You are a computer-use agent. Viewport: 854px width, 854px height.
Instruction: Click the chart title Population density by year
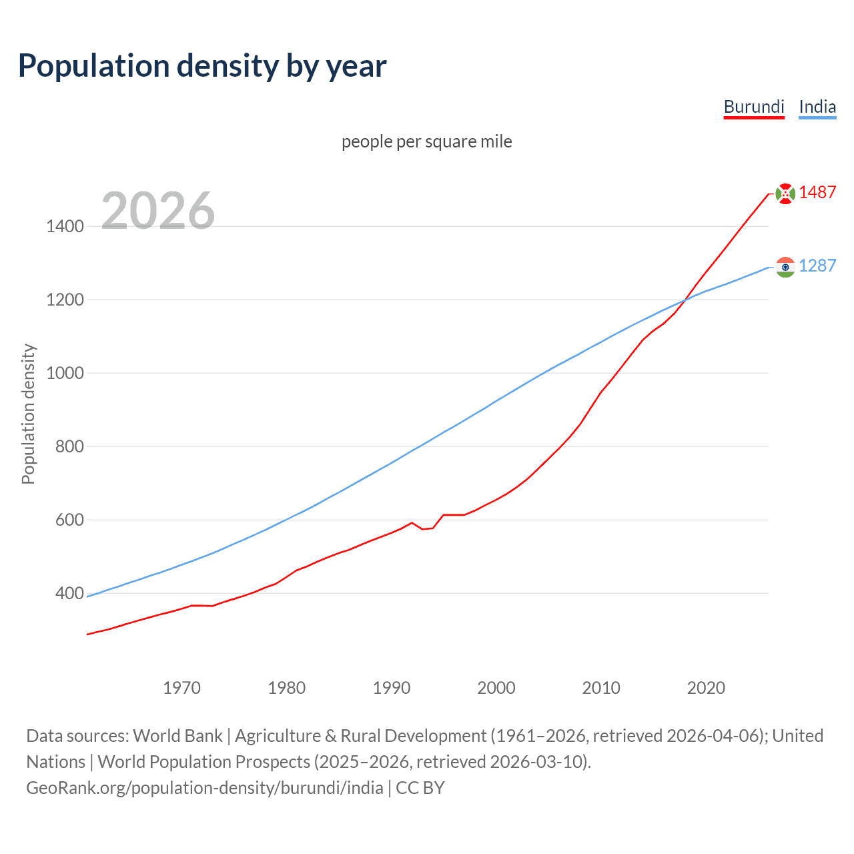click(x=202, y=66)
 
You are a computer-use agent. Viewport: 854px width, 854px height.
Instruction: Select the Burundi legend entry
click(x=754, y=107)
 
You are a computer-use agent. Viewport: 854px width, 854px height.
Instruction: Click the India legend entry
click(x=817, y=107)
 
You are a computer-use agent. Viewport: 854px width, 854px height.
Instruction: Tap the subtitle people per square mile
click(x=427, y=141)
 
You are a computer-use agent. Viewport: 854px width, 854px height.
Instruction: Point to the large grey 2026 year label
click(x=158, y=211)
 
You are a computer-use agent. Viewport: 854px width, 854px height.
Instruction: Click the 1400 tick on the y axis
click(x=65, y=226)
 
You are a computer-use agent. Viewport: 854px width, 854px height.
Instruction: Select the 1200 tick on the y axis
click(x=65, y=300)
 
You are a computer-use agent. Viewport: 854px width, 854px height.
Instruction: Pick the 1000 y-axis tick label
click(x=65, y=373)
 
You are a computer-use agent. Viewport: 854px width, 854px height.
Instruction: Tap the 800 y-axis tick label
click(x=69, y=446)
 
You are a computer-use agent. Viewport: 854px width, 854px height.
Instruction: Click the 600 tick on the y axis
click(x=69, y=520)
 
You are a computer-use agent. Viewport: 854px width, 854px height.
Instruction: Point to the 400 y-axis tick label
click(x=69, y=593)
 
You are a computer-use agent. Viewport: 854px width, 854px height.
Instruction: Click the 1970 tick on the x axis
click(x=181, y=688)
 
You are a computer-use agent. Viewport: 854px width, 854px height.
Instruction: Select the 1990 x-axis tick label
click(x=392, y=688)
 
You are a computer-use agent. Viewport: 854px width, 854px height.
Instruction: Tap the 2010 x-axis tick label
click(x=601, y=688)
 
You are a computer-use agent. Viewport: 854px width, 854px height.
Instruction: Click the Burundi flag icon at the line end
click(x=785, y=193)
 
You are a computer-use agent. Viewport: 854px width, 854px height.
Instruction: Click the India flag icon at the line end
click(x=785, y=267)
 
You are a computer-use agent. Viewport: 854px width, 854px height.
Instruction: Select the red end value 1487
click(x=817, y=192)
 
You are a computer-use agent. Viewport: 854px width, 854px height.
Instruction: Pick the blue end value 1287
click(x=817, y=266)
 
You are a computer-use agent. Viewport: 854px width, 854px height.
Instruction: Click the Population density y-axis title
click(x=28, y=414)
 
